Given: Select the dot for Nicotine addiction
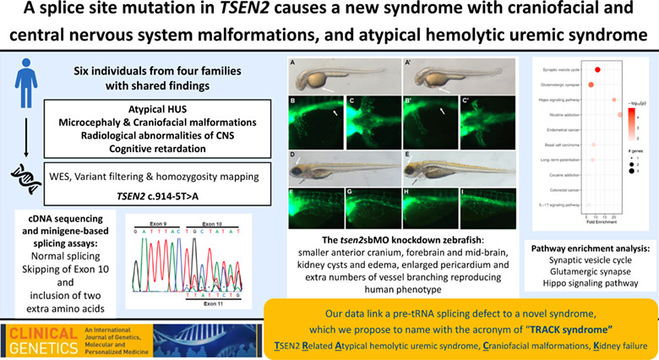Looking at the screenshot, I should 620,114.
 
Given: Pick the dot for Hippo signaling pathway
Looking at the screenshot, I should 614,100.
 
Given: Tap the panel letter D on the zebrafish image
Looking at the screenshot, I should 292,155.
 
